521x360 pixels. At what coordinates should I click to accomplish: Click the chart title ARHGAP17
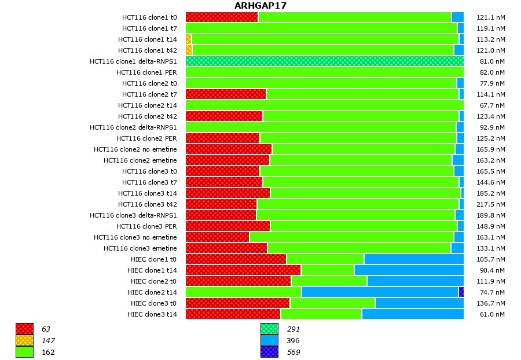click(260, 6)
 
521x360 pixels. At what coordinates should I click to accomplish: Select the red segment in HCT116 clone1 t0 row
click(222, 17)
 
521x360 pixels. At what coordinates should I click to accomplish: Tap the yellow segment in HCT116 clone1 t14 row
click(189, 39)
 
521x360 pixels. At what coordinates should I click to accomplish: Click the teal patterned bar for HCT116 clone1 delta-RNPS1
click(324, 61)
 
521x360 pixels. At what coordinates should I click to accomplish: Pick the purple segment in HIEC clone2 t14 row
click(461, 292)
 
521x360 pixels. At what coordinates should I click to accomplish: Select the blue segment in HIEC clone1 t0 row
click(413, 259)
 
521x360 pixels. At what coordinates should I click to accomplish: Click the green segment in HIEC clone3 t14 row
click(321, 314)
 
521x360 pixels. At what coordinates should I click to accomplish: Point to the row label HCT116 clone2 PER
click(146, 138)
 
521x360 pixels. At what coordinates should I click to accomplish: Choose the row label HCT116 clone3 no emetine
click(135, 237)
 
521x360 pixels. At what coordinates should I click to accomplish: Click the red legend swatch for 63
click(24, 329)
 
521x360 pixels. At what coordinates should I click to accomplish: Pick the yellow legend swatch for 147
click(24, 340)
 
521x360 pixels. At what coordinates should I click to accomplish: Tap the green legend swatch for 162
click(24, 352)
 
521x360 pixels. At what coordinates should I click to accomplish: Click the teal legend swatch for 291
click(269, 329)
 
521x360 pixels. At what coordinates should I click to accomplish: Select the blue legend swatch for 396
click(269, 340)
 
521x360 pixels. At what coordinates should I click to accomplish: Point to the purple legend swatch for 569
click(269, 352)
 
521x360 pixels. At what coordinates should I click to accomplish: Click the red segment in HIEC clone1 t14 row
click(243, 270)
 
